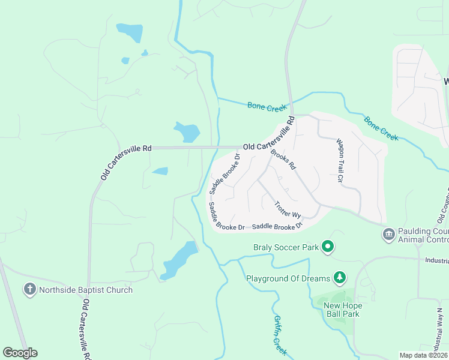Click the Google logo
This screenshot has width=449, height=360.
pos(20,353)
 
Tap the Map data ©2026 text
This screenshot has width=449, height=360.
pos(423,355)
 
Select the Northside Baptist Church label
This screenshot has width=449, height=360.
pos(85,290)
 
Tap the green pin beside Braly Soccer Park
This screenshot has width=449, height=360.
pos(328,247)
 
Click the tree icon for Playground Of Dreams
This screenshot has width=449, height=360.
pos(340,277)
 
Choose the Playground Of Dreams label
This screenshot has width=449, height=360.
pos(288,278)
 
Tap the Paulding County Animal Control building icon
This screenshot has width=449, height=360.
pos(388,233)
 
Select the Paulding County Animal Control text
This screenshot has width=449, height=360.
pos(423,235)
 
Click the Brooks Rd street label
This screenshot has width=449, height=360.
pos(284,159)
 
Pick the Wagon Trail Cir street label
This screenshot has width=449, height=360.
pos(339,160)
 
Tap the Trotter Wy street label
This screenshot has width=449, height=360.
pos(287,209)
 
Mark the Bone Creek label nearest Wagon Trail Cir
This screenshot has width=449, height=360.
pos(381,128)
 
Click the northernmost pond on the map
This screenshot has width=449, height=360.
pos(130,32)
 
